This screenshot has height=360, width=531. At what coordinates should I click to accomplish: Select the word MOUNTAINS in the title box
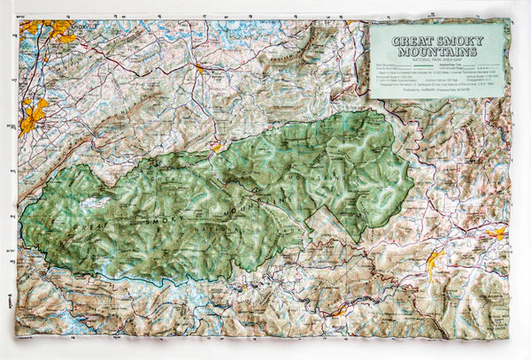(x=438, y=51)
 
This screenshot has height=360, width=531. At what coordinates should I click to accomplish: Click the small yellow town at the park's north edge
(x=216, y=149)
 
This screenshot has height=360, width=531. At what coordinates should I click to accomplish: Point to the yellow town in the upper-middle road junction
(x=199, y=67)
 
